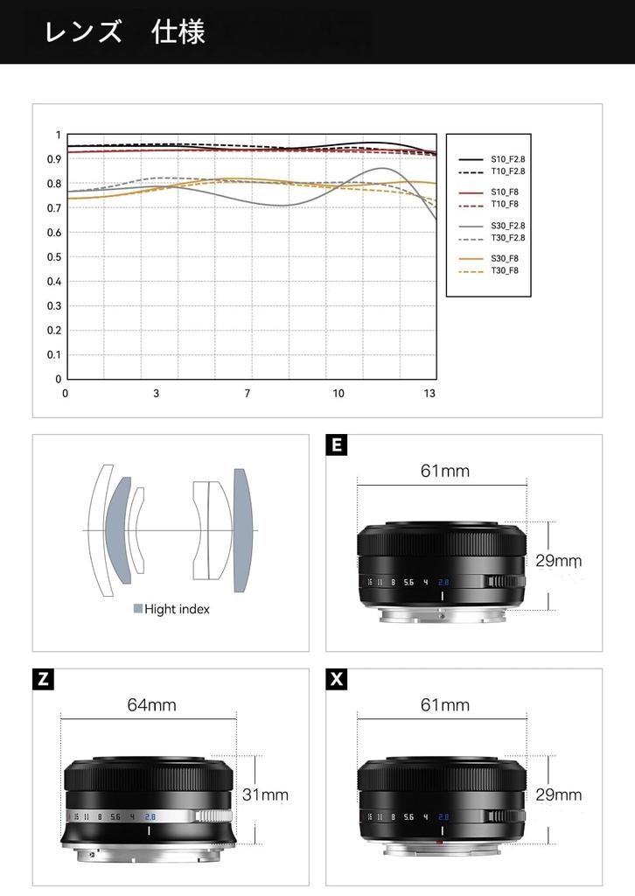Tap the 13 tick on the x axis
(429, 394)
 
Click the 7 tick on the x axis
(248, 394)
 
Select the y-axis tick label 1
(59, 136)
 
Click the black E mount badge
(336, 445)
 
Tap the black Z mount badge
(43, 679)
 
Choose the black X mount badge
(336, 679)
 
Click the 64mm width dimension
(151, 705)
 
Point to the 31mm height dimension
(265, 795)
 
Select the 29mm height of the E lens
(558, 561)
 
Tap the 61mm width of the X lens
(444, 705)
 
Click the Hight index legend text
(177, 609)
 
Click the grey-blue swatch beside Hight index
(137, 609)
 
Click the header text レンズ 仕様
(125, 32)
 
